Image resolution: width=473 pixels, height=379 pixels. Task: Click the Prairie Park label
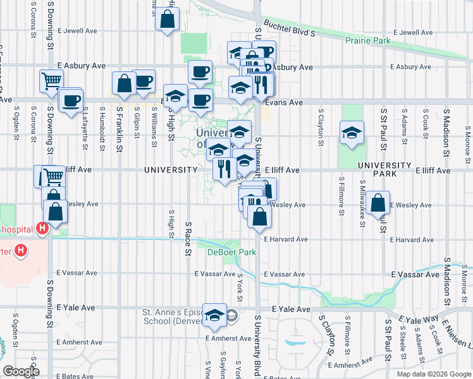tap(368, 41)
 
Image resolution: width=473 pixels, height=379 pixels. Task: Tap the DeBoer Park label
tap(223, 252)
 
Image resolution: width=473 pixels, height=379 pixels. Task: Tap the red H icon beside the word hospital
tap(42, 229)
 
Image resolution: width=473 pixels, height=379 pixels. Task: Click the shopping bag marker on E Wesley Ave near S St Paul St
tap(378, 203)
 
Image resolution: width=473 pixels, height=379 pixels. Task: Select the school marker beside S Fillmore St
tap(352, 133)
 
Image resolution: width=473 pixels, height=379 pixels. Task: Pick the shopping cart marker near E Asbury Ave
tap(51, 80)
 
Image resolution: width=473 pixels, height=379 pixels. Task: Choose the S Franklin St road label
tap(119, 128)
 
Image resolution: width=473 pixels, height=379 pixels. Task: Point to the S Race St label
tap(188, 238)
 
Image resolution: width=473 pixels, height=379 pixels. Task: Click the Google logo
tap(20, 371)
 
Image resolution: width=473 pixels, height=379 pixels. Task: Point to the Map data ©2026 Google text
tap(433, 374)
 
